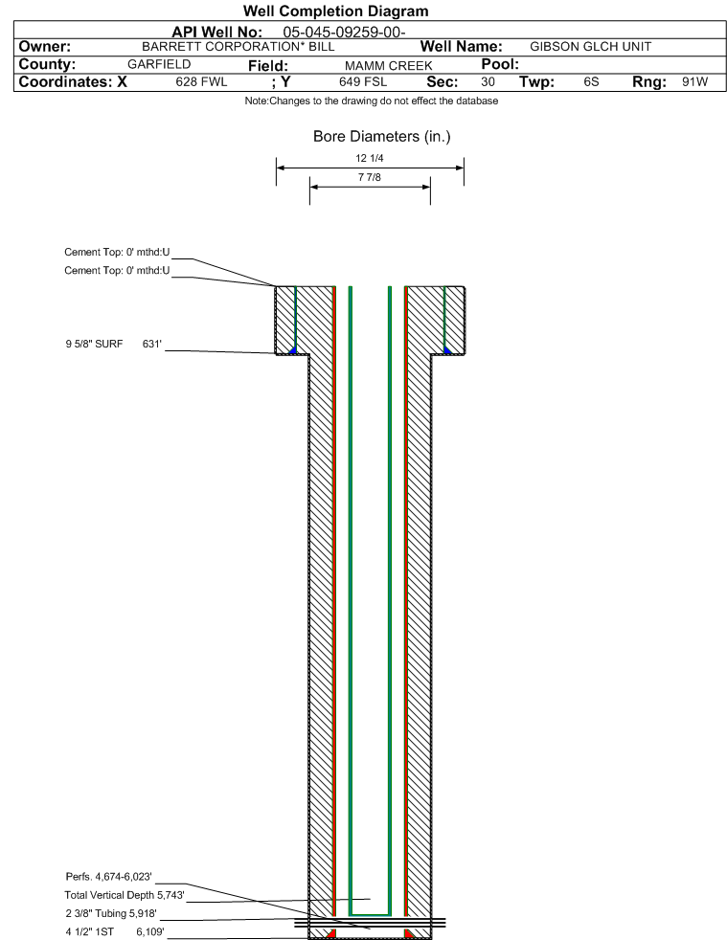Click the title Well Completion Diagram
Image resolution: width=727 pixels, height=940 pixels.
336,11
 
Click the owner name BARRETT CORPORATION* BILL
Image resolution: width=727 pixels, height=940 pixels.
238,46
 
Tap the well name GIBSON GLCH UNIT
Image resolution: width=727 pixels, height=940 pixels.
590,46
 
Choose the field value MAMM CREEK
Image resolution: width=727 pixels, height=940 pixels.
382,65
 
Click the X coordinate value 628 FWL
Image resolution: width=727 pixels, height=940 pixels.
202,82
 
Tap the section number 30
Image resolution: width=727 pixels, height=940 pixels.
488,82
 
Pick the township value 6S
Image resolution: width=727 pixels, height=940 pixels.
591,82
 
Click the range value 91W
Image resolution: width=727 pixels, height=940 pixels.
694,82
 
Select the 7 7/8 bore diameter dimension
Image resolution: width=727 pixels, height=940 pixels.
369,178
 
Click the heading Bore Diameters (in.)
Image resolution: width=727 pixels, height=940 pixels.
381,137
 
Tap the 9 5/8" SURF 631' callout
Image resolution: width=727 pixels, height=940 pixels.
114,343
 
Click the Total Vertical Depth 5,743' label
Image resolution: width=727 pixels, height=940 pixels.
124,895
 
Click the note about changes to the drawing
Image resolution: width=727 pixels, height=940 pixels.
371,101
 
